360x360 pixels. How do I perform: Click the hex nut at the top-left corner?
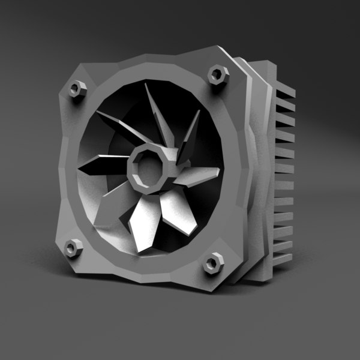pos(76,90)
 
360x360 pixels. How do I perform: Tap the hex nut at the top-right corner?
pos(217,75)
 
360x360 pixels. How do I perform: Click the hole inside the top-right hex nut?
pos(217,75)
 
